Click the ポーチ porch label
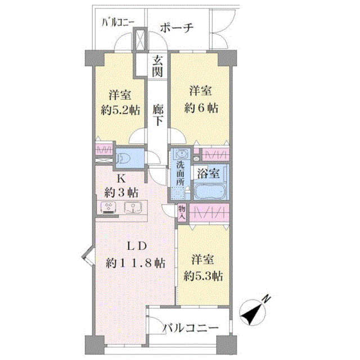[177, 28]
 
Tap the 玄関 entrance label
[157, 66]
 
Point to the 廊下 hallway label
[158, 115]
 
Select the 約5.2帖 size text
[120, 110]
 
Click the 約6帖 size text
[201, 108]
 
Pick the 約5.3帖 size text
[203, 276]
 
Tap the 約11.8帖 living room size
[135, 263]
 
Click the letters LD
[137, 246]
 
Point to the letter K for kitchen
[121, 179]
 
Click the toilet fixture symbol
[124, 158]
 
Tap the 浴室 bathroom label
[208, 174]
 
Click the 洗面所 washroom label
[180, 174]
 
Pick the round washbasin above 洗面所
[182, 153]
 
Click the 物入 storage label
[182, 213]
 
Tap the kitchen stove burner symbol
[108, 208]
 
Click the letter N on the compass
[266, 299]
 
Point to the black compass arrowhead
[249, 316]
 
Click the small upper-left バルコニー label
[118, 22]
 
